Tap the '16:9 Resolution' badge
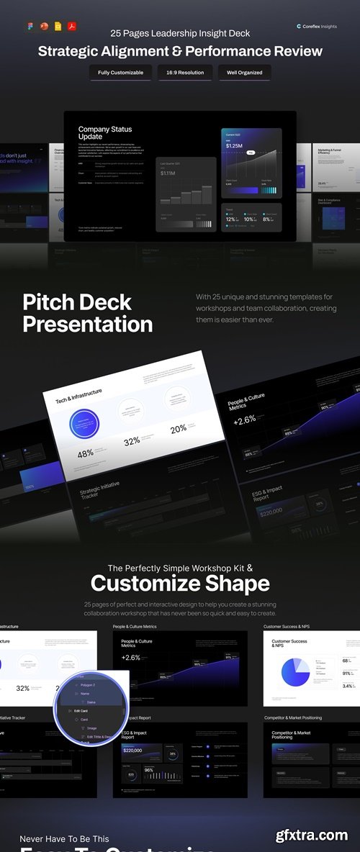click(185, 73)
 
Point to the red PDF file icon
click(72, 27)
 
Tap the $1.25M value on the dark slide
click(234, 145)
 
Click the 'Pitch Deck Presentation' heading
click(87, 313)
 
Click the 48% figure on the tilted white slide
click(86, 453)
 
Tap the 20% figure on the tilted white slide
click(178, 429)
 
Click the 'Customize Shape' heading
click(180, 583)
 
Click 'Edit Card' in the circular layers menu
click(81, 711)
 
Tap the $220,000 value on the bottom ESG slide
click(132, 751)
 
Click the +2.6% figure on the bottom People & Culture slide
click(131, 658)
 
